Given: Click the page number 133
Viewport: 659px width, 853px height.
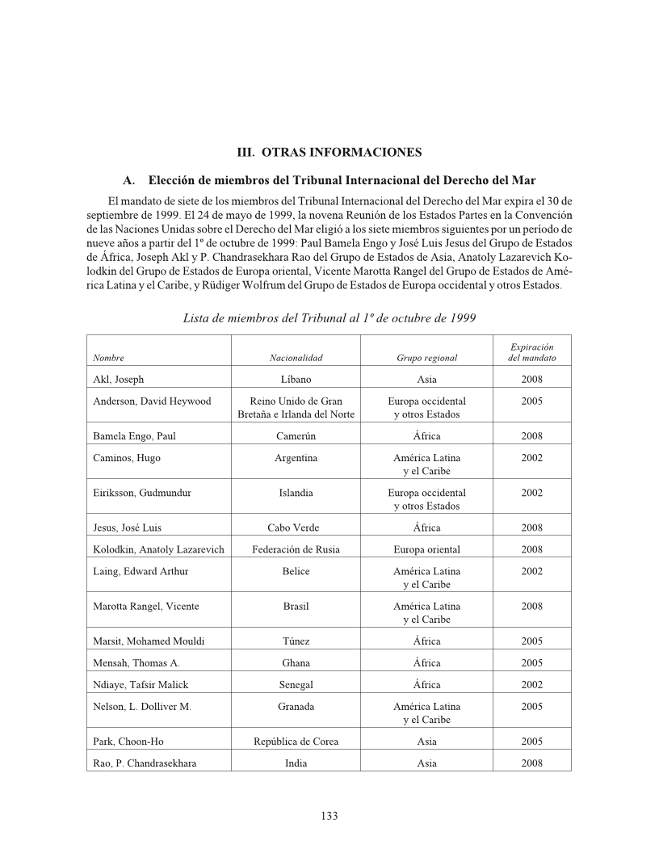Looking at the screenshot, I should (329, 816).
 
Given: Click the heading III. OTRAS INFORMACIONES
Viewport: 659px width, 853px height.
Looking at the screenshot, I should (329, 152).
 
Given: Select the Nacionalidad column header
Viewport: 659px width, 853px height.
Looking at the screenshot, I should (296, 358).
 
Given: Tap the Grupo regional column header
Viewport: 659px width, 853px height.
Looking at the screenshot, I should (426, 358).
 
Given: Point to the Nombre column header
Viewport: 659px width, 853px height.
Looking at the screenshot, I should (108, 358).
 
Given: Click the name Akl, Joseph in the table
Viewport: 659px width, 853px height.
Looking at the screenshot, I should (118, 380).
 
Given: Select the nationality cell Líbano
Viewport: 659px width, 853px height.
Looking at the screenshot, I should (296, 380).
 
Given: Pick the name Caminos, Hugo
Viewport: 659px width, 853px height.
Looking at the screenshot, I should (127, 458).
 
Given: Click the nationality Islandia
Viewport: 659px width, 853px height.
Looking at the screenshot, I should (296, 493).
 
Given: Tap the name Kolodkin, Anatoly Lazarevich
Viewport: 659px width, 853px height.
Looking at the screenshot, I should (157, 549).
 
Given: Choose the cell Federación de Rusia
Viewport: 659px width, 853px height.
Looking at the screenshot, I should (296, 549).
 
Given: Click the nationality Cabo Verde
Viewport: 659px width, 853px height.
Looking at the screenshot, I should (296, 527).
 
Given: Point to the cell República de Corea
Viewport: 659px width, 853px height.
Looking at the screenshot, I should (296, 742).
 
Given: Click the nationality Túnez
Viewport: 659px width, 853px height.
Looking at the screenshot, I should (296, 641).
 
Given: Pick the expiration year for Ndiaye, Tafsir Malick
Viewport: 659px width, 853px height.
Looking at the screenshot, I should (531, 685).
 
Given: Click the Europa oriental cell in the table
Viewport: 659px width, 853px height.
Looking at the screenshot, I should (426, 549).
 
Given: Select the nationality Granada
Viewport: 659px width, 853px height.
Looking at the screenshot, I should (296, 707).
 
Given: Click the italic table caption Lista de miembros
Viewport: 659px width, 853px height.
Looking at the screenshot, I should (329, 318).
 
